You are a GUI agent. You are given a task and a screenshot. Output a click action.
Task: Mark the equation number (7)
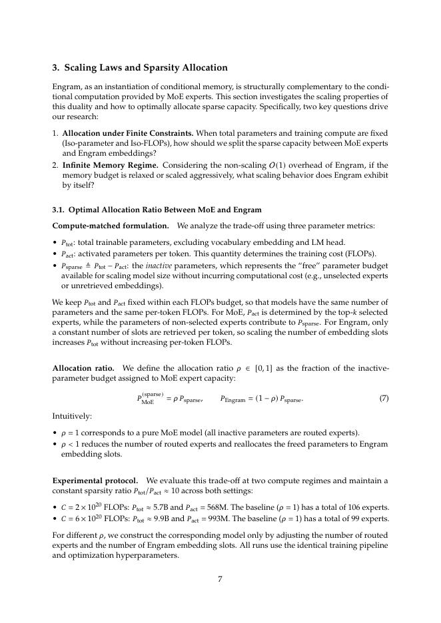click(384, 399)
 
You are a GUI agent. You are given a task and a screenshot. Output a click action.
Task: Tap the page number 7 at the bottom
click(220, 578)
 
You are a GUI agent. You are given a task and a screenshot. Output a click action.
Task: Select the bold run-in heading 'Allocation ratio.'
click(83, 367)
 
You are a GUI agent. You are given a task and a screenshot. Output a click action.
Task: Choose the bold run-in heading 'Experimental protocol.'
click(95, 480)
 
